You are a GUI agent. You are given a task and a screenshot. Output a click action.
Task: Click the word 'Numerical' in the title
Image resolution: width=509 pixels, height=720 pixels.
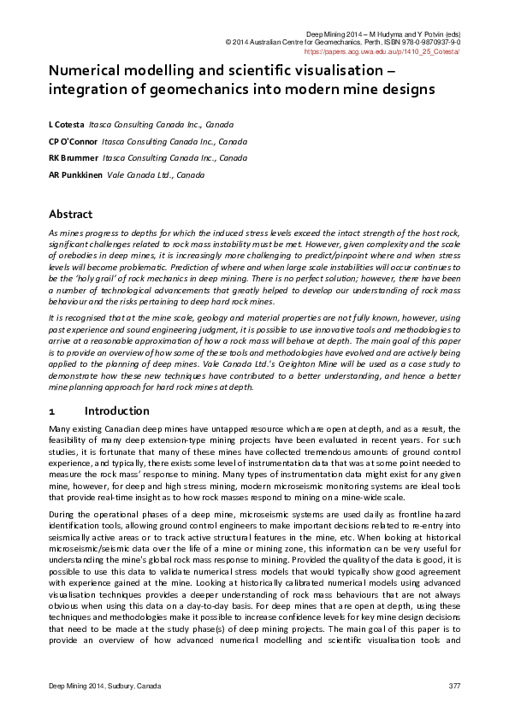(84, 73)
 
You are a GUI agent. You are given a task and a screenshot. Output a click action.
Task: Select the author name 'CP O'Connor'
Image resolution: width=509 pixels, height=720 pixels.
(73, 141)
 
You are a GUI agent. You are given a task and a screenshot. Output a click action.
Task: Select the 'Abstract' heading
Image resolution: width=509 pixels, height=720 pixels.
(70, 215)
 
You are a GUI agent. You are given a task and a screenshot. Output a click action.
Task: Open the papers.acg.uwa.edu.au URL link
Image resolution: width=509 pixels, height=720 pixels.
(382, 51)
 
